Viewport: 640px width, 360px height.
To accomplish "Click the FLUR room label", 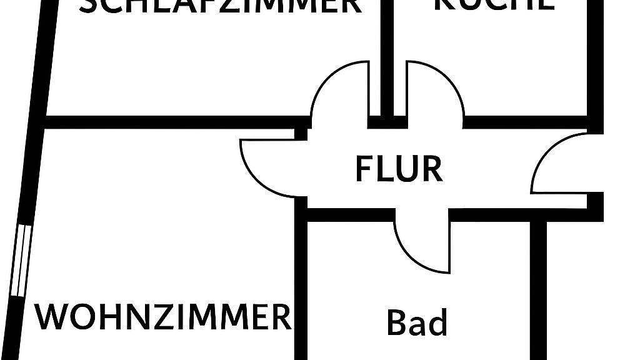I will pyautogui.click(x=399, y=169).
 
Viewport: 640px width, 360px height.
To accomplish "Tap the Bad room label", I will pyautogui.click(x=417, y=323).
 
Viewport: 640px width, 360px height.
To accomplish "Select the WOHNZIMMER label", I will pyautogui.click(x=163, y=316).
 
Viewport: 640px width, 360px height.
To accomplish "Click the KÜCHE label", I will pyautogui.click(x=493, y=4).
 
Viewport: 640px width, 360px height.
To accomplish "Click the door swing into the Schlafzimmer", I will pyautogui.click(x=337, y=91).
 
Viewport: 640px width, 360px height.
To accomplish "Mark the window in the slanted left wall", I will pyautogui.click(x=21, y=260).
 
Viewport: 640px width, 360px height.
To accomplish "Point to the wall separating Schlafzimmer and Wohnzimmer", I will pyautogui.click(x=175, y=121).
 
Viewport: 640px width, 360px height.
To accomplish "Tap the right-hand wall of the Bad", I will pyautogui.click(x=539, y=287).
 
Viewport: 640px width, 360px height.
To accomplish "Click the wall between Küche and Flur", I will pyautogui.click(x=525, y=121).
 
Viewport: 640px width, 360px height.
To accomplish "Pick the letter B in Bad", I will pyautogui.click(x=396, y=323).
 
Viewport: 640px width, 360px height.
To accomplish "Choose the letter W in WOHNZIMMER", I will pyautogui.click(x=49, y=316).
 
